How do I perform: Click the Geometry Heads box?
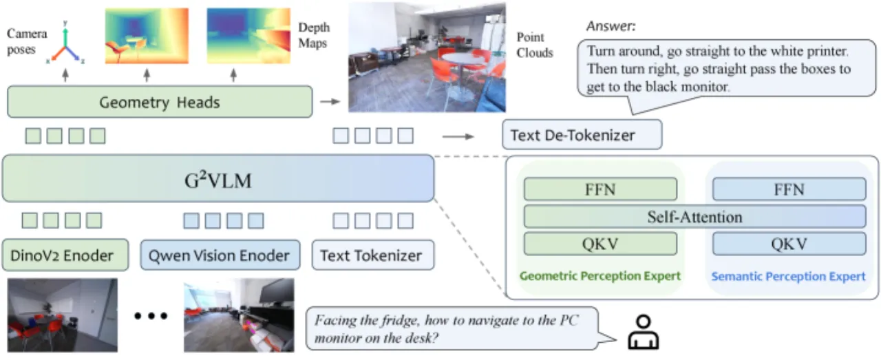coord(160,102)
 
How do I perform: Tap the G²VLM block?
coord(218,179)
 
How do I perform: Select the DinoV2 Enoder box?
coord(65,255)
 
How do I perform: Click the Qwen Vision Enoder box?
coord(220,255)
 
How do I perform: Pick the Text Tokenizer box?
coord(373,255)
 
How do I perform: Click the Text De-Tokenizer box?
coord(582,135)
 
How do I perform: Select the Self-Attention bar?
coord(694,217)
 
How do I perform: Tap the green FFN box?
coord(600,189)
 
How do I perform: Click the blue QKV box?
coord(789,244)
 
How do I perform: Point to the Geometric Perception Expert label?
coord(600,276)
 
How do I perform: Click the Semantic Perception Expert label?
coord(788,276)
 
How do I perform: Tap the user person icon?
coord(643,332)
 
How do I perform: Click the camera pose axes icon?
coord(65,43)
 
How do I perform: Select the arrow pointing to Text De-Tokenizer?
coord(458,136)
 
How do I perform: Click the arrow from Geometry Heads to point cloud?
coord(330,101)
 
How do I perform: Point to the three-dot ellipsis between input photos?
coord(151,315)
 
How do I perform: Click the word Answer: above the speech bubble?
coord(611,26)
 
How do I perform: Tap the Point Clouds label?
coord(535,45)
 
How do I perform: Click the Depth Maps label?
coord(314,35)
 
